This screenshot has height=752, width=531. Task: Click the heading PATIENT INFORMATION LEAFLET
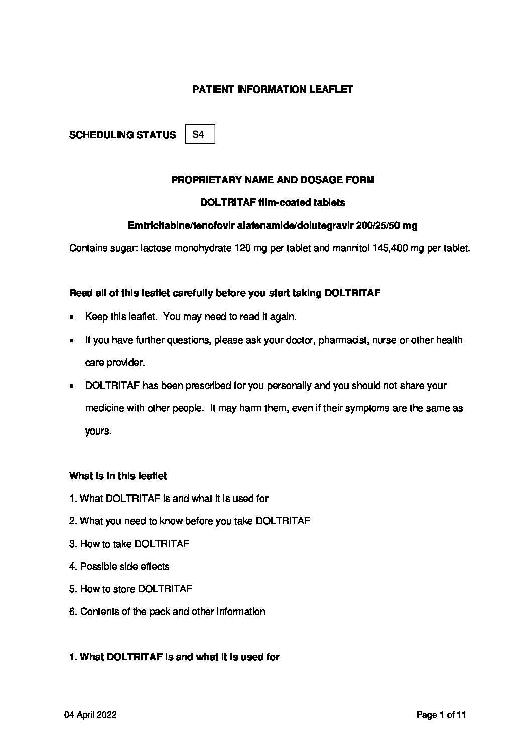coord(273,90)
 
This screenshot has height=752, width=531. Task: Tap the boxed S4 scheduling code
coord(199,134)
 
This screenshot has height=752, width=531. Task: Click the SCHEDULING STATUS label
coord(122,135)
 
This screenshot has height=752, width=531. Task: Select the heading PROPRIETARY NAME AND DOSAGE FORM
coord(273,180)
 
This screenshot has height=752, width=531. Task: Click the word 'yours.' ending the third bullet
coord(98,431)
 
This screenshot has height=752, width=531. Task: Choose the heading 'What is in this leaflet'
coord(118,476)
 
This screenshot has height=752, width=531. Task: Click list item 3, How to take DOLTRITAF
coord(129,544)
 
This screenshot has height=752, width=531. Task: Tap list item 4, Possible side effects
coord(119,566)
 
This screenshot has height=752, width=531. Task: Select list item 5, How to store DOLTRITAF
coord(130,589)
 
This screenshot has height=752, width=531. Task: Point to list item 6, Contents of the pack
coord(167,611)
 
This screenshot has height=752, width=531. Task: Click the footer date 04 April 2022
coord(90,715)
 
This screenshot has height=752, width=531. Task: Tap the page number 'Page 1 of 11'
coord(441,715)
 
